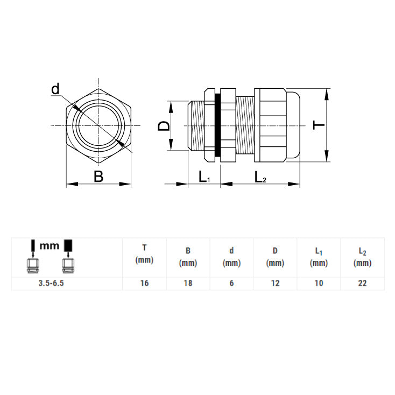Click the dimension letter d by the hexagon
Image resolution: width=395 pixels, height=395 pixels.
pos(55,89)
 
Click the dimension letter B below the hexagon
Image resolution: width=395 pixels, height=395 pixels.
pos(98,177)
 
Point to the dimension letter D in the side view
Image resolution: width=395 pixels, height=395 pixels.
pos(164,126)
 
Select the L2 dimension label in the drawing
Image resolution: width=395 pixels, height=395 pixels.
pos(260,177)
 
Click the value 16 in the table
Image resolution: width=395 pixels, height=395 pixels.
pos(144,284)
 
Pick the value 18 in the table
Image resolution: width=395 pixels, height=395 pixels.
pos(188,284)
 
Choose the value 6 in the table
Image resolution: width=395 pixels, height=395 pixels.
pos(231,284)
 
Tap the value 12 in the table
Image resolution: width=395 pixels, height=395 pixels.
pos(275,284)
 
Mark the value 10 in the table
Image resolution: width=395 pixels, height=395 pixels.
pos(319,284)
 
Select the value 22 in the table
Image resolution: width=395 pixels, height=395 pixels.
pos(363,284)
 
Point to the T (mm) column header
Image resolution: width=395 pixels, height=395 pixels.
pos(144,254)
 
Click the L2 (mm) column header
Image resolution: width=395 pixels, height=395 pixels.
pos(363,257)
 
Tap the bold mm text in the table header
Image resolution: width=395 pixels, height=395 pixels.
pos(50,246)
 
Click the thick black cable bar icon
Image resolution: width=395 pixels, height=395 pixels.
pos(68,245)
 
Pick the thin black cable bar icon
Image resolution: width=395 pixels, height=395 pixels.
pos(33,246)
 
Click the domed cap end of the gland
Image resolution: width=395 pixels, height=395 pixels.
pos(295,126)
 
